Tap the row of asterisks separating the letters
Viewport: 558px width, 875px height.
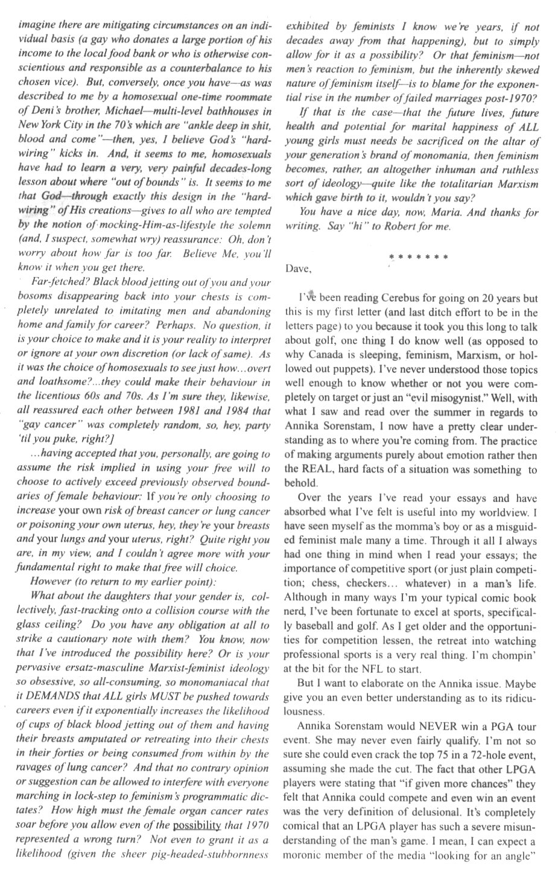(x=419, y=257)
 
